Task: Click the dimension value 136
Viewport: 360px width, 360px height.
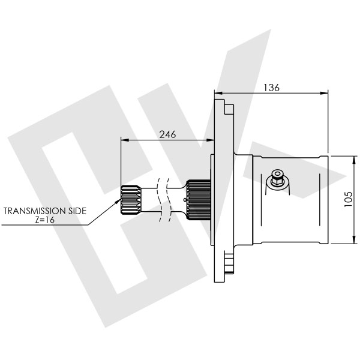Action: pyautogui.click(x=271, y=88)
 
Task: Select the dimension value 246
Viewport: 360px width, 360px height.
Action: pyautogui.click(x=167, y=134)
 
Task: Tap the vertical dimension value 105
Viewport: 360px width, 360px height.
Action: pyautogui.click(x=349, y=199)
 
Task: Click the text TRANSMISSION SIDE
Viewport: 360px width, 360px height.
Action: pyautogui.click(x=46, y=211)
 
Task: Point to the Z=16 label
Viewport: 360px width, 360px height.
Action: pyautogui.click(x=46, y=220)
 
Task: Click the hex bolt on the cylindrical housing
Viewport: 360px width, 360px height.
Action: pyautogui.click(x=277, y=178)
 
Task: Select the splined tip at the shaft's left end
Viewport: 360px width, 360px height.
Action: pyautogui.click(x=130, y=200)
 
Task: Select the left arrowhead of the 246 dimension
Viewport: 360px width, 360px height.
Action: pyautogui.click(x=124, y=140)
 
